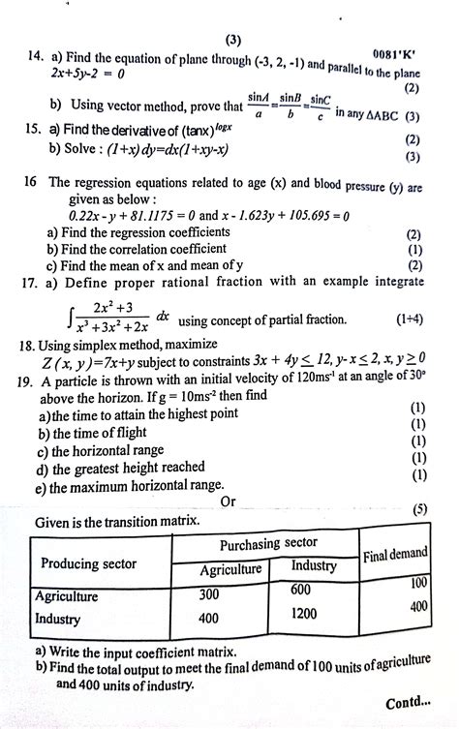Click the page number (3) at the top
pyautogui.click(x=232, y=41)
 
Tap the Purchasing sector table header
pyautogui.click(x=268, y=543)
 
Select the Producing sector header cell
pyautogui.click(x=88, y=564)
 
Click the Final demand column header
pyautogui.click(x=395, y=554)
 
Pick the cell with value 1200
pyautogui.click(x=303, y=614)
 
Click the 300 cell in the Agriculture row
pyautogui.click(x=209, y=594)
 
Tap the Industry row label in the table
pyautogui.click(x=56, y=617)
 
